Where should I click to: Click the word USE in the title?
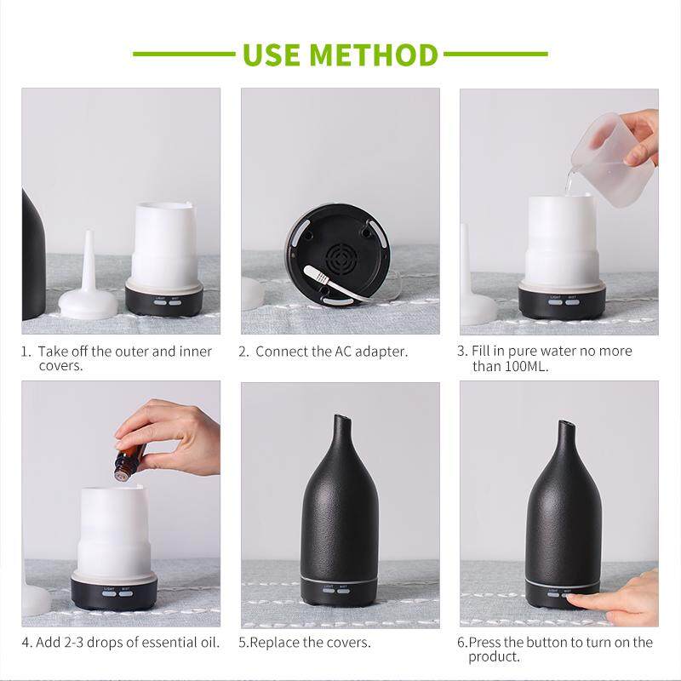click(x=271, y=54)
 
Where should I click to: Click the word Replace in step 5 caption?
click(x=275, y=642)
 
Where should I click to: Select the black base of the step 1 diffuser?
click(x=164, y=298)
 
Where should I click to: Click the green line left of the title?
click(x=184, y=54)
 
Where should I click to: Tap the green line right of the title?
click(x=495, y=54)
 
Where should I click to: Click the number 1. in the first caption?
click(x=26, y=352)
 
